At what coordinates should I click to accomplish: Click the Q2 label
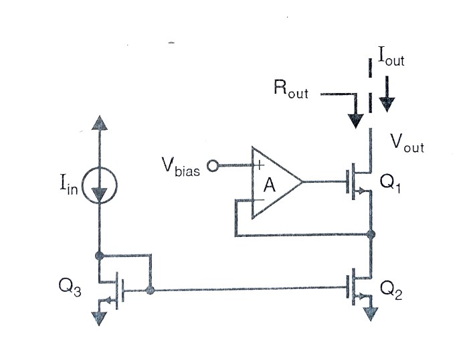coord(391,288)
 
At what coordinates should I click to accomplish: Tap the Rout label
coord(291,90)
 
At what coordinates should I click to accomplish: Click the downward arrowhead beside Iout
coord(387,104)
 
